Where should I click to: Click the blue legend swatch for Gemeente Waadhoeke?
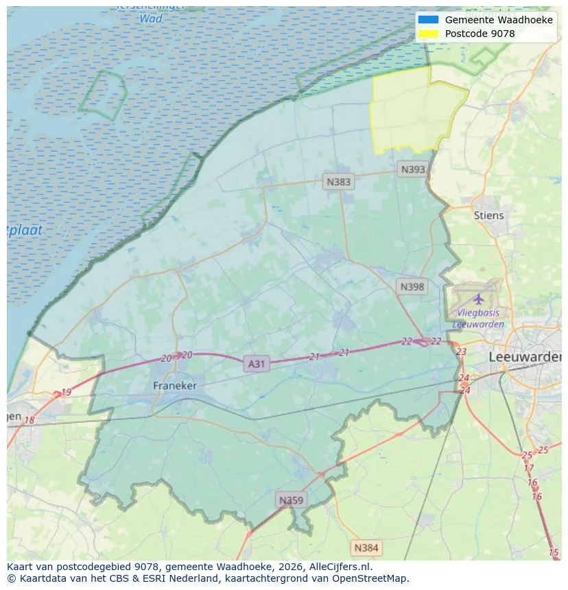point(428,20)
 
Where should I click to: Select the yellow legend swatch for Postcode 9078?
point(428,34)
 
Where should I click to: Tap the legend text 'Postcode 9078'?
point(480,34)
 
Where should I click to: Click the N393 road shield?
point(413,169)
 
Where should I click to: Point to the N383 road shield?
point(338,182)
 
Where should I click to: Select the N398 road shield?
point(412,286)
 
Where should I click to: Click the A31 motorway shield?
point(256,364)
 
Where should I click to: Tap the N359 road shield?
point(290,500)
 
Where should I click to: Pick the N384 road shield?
point(366,548)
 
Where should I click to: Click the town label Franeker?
point(174,386)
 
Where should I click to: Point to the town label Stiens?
point(488,215)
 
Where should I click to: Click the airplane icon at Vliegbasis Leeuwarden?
point(478,299)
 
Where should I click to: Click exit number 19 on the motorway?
point(66,393)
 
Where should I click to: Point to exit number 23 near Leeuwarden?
point(461,352)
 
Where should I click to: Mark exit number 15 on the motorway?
point(554,552)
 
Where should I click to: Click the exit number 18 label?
point(29,420)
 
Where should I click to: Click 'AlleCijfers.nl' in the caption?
point(340,567)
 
